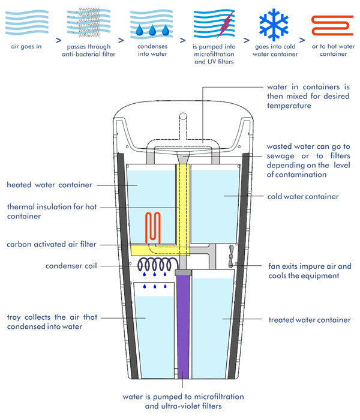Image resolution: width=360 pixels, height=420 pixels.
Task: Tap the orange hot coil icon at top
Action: pyautogui.click(x=329, y=25)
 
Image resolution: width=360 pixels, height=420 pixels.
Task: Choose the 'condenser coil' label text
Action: pyautogui.click(x=70, y=265)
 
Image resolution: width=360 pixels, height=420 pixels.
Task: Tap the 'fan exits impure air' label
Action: pyautogui.click(x=311, y=270)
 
